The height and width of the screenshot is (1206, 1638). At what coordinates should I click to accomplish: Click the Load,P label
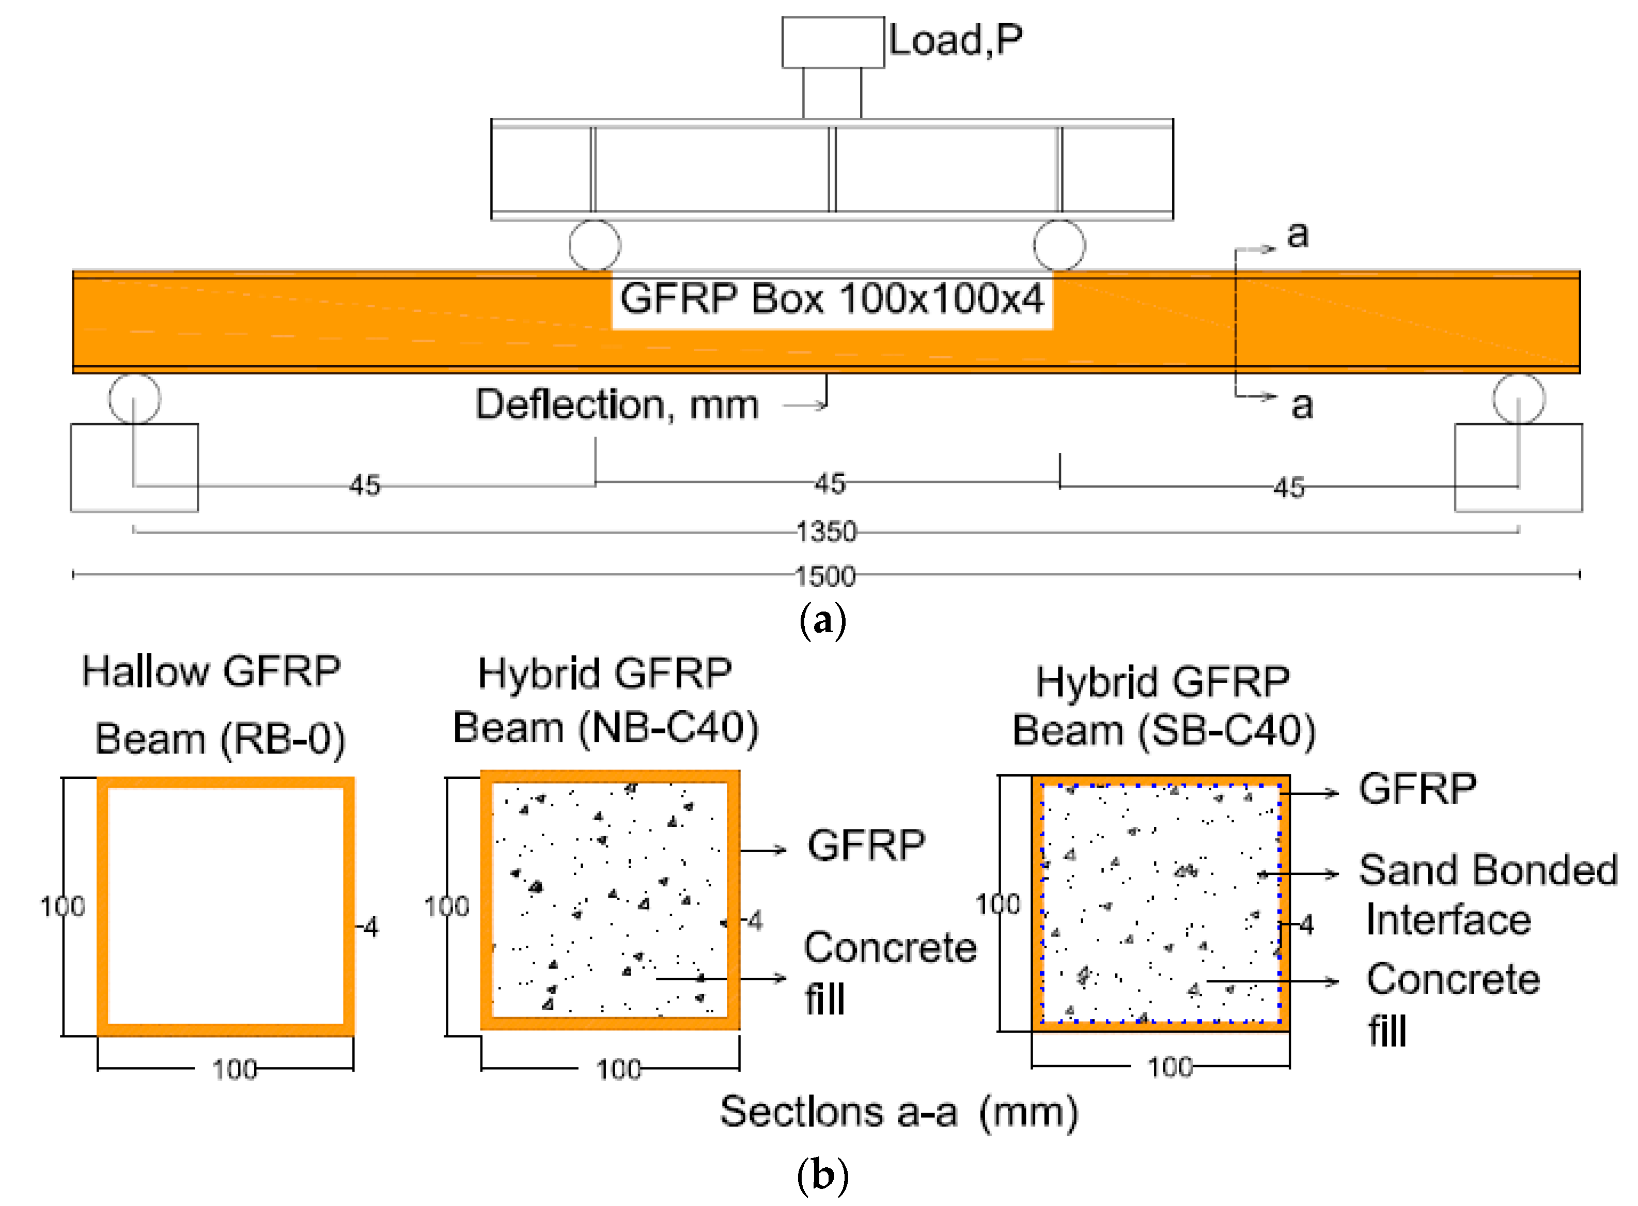point(955,40)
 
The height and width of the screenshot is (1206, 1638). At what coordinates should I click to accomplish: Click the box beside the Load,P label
point(832,42)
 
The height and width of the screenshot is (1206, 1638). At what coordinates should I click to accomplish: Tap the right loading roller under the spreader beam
point(1058,245)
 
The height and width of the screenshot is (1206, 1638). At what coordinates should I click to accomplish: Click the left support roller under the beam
point(134,399)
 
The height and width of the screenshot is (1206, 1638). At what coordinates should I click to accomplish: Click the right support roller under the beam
point(1518,399)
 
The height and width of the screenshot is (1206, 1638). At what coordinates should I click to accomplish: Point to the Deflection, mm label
point(617,404)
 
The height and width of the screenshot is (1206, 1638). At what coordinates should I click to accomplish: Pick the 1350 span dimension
point(825,531)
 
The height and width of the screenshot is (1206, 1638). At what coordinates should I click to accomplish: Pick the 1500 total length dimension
point(825,576)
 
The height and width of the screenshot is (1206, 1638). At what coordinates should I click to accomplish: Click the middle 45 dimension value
point(830,483)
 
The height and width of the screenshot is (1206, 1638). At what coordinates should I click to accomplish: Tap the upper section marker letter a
point(1297,235)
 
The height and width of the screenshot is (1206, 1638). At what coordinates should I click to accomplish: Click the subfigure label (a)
point(823,620)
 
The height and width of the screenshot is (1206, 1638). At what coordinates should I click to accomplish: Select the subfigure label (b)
point(823,1176)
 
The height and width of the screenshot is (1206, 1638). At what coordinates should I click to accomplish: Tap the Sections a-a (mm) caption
point(899,1113)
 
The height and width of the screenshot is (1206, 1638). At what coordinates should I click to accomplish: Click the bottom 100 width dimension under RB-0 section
point(235,1070)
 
